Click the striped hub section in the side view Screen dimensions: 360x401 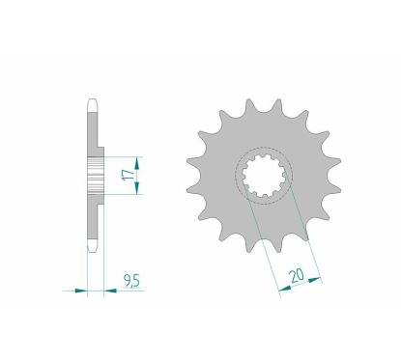(95, 175)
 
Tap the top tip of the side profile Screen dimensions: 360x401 (93, 97)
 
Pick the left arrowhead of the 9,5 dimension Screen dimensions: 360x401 (82, 287)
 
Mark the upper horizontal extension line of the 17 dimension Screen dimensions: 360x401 (121, 155)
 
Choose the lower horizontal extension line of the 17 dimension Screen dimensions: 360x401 (121, 194)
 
